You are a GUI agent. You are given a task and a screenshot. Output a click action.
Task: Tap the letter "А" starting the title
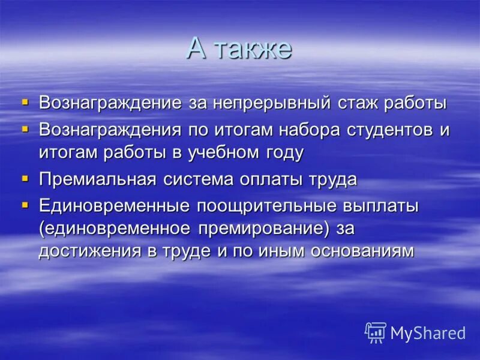(197, 49)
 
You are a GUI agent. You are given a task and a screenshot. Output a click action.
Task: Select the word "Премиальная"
(98, 179)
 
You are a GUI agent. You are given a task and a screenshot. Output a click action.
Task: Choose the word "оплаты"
(274, 179)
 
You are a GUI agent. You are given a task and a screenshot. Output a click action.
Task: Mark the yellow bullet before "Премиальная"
(25, 178)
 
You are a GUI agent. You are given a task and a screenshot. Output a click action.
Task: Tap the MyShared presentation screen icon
(376, 332)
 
